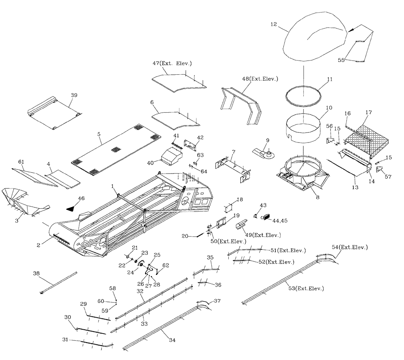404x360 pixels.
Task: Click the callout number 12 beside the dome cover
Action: pyautogui.click(x=274, y=24)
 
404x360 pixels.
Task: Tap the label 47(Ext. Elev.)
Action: pyautogui.click(x=173, y=63)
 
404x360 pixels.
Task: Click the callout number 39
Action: pyautogui.click(x=74, y=95)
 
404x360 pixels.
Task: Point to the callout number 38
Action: pyautogui.click(x=36, y=273)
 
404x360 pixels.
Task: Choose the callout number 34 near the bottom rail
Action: pyautogui.click(x=172, y=340)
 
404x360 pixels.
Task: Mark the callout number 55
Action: pyautogui.click(x=342, y=60)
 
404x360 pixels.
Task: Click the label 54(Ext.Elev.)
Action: pyautogui.click(x=350, y=247)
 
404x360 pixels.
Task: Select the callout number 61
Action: pyautogui.click(x=21, y=161)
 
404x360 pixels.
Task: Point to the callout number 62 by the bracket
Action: pyautogui.click(x=165, y=265)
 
